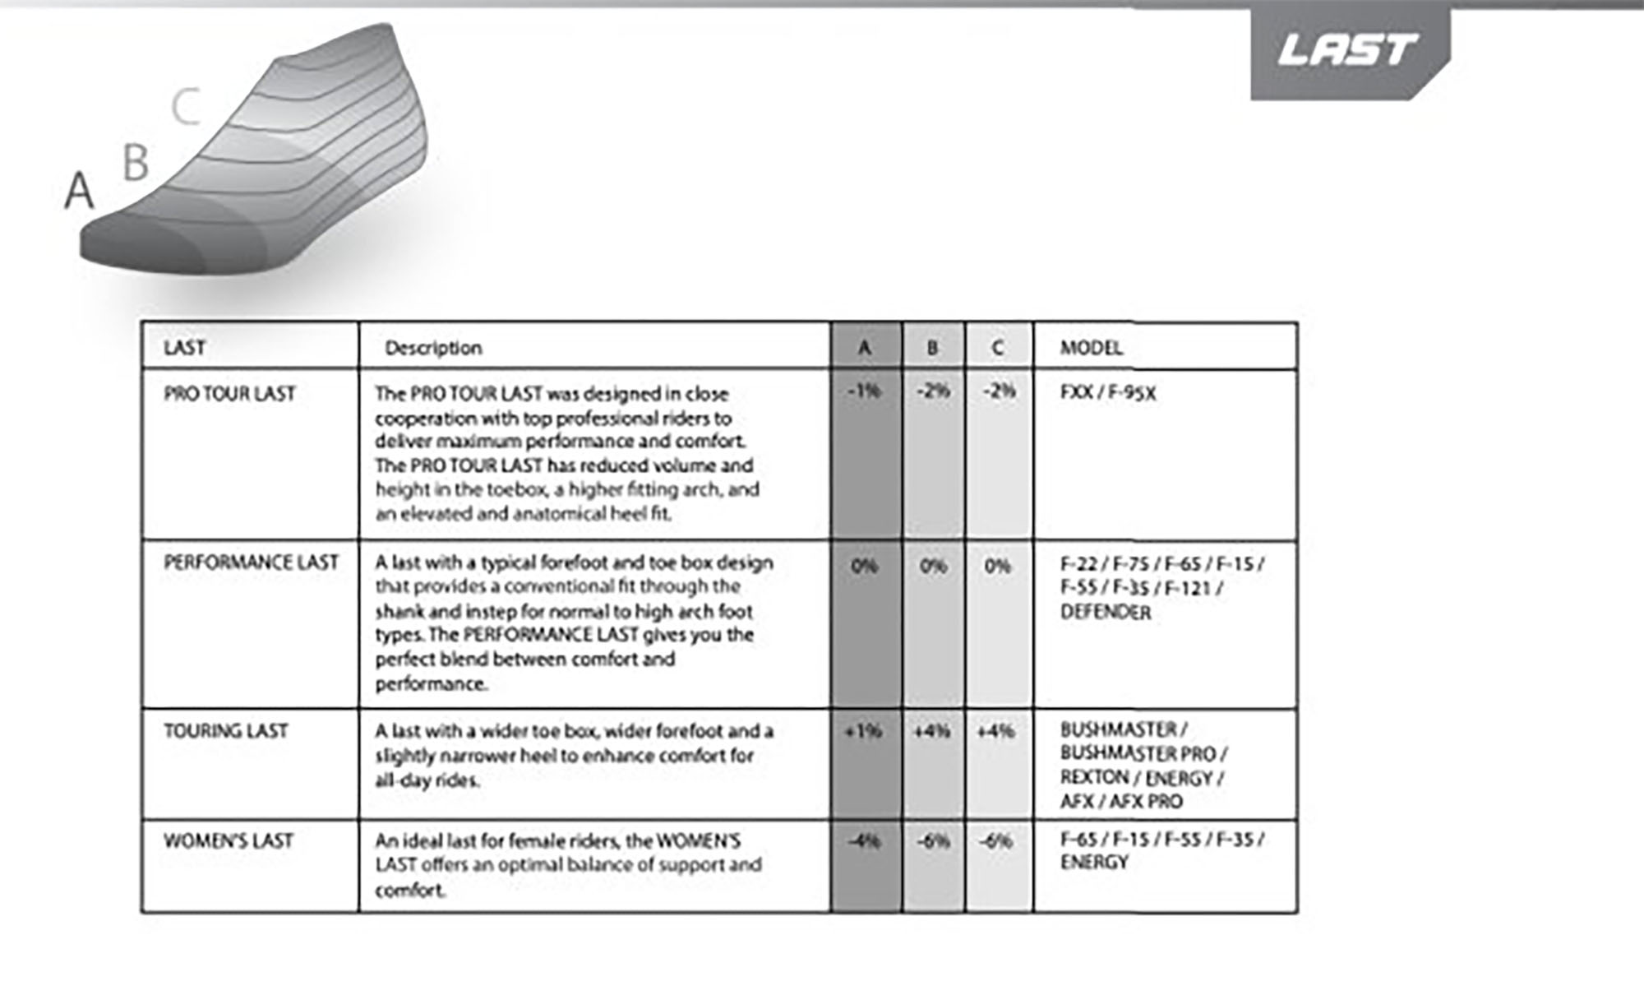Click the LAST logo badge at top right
pos(1349,51)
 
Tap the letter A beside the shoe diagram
pos(79,191)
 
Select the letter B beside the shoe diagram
pos(136,162)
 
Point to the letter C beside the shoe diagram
pos(187,108)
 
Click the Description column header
pos(433,348)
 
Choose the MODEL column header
pos(1091,348)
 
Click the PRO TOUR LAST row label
pos(229,394)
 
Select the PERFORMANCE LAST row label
pos(251,562)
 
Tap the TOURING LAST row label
pos(226,731)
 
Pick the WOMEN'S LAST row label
pos(229,841)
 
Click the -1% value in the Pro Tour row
pos(864,391)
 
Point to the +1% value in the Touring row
pos(864,731)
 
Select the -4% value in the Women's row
pos(864,841)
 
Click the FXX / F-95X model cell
pos(1108,393)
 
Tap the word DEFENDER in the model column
pos(1106,613)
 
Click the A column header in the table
pos(865,348)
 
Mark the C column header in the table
pos(998,348)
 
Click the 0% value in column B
pos(933,567)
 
